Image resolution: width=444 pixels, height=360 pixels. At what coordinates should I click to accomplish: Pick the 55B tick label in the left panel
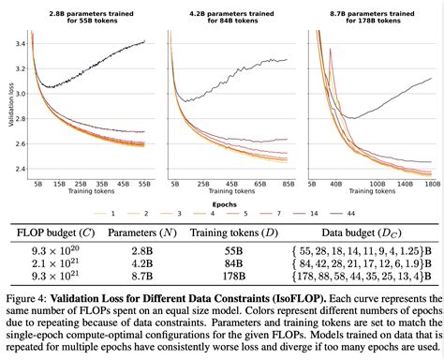(x=143, y=186)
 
